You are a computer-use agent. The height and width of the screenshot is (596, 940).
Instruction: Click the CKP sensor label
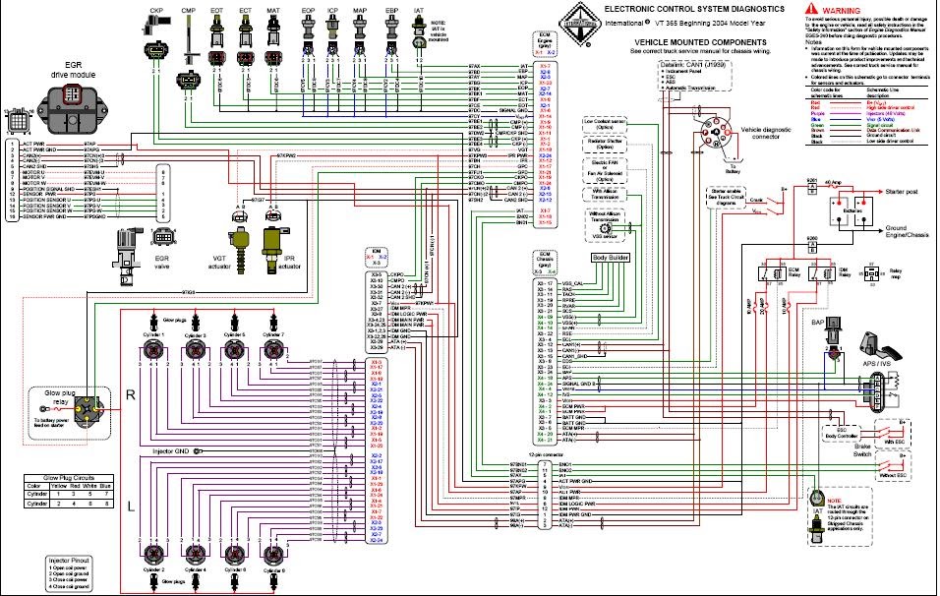click(x=156, y=10)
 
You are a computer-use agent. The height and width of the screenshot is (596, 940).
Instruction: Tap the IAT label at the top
click(x=419, y=10)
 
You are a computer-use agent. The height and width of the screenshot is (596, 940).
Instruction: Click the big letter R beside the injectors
click(x=130, y=395)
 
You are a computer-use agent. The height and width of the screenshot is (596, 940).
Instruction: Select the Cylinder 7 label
click(x=272, y=335)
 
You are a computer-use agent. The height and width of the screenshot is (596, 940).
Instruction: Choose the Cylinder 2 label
click(x=154, y=569)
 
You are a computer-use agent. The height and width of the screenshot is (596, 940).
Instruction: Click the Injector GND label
click(x=172, y=450)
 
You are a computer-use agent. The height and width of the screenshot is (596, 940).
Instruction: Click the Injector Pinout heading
click(x=71, y=560)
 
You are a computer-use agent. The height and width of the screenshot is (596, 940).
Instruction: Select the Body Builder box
click(x=610, y=257)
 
